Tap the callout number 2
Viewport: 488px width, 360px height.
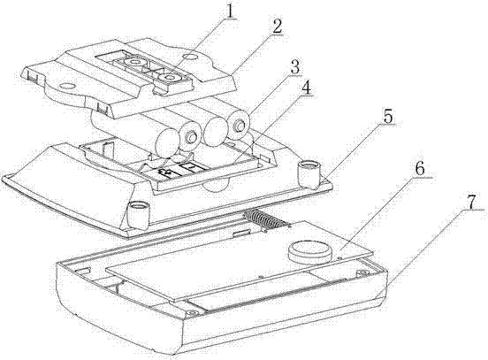point(276,27)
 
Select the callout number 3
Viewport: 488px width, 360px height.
point(294,67)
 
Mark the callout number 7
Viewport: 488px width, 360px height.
point(472,203)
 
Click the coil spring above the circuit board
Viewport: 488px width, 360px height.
point(263,219)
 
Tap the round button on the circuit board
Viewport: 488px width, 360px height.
point(310,250)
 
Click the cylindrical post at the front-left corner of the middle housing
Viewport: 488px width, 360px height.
point(138,214)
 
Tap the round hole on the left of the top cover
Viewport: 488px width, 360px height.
point(67,85)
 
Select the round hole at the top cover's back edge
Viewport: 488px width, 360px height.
point(190,57)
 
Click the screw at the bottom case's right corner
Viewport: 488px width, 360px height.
point(362,272)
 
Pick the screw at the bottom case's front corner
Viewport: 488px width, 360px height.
point(192,312)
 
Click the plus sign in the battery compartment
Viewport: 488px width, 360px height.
point(164,172)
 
